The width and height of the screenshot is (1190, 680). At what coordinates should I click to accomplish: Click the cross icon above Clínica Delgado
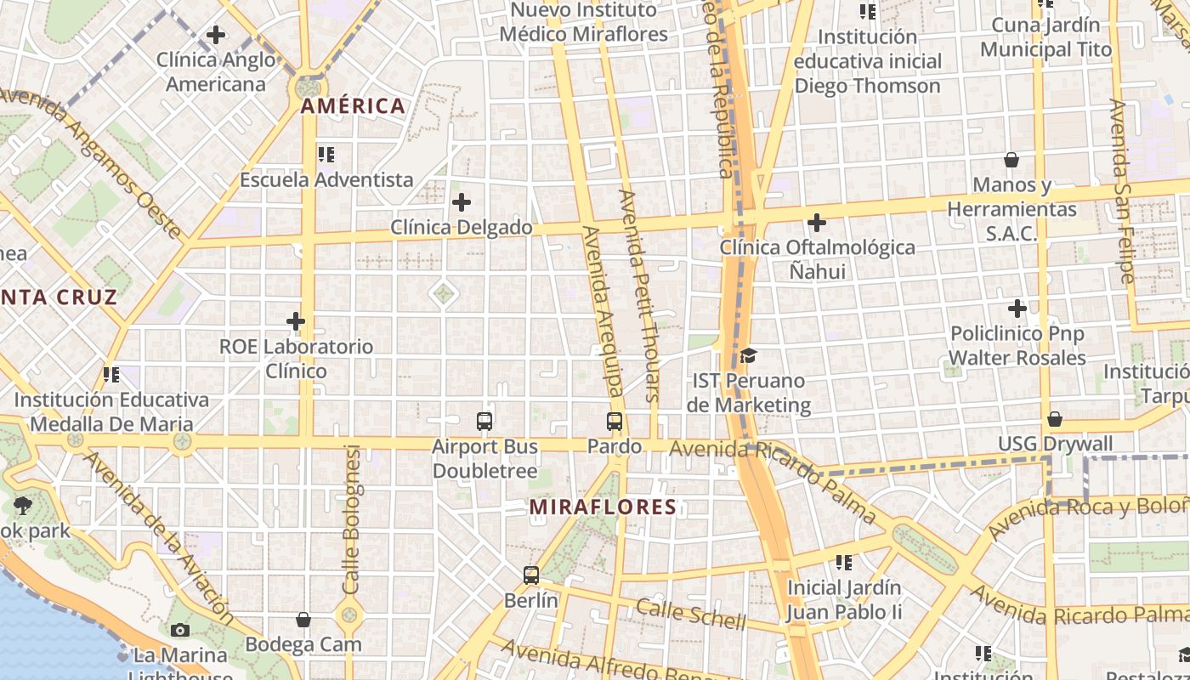click(x=462, y=202)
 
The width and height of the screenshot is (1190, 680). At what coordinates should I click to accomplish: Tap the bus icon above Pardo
click(x=615, y=421)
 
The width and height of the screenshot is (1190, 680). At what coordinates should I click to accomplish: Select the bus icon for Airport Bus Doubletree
click(x=484, y=421)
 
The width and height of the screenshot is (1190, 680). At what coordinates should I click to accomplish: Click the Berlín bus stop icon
click(x=531, y=575)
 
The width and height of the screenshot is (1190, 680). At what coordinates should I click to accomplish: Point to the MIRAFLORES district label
click(x=603, y=507)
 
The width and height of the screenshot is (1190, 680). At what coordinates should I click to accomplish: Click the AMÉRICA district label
click(x=353, y=106)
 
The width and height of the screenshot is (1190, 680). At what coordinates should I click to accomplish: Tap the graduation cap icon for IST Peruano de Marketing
click(x=748, y=355)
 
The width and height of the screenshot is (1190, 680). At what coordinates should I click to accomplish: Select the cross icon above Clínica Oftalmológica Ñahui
click(x=817, y=223)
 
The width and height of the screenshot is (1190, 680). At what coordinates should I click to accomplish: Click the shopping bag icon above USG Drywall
click(x=1055, y=419)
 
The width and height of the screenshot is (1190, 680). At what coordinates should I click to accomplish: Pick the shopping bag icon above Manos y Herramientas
click(x=1011, y=160)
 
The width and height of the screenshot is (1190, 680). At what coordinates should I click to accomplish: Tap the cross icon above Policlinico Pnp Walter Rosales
click(x=1017, y=309)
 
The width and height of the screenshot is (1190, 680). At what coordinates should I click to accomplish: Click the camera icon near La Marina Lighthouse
click(x=180, y=630)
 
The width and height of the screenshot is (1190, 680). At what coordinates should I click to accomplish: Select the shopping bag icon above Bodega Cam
click(x=303, y=620)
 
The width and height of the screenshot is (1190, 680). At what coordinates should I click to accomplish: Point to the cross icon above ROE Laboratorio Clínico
click(x=296, y=321)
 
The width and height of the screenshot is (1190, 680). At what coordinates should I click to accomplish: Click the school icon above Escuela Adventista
click(x=326, y=155)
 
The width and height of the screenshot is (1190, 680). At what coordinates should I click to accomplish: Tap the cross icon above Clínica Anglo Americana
click(x=216, y=35)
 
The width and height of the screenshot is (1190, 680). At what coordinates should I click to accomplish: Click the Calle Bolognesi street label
click(x=352, y=518)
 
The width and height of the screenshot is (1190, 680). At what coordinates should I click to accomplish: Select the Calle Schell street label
click(x=691, y=614)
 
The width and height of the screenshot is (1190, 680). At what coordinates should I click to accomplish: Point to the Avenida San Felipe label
click(x=1121, y=191)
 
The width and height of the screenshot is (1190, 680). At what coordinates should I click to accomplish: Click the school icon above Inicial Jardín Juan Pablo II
click(x=844, y=562)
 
